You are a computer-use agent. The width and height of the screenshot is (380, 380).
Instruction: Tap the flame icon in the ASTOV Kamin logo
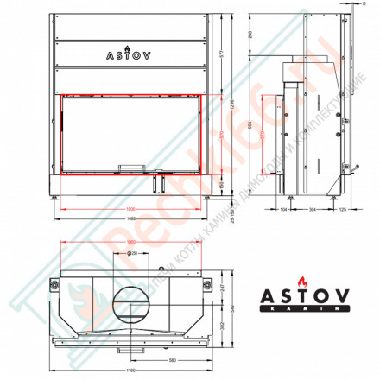301,281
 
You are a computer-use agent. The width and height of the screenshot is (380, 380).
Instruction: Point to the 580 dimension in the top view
173,360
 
